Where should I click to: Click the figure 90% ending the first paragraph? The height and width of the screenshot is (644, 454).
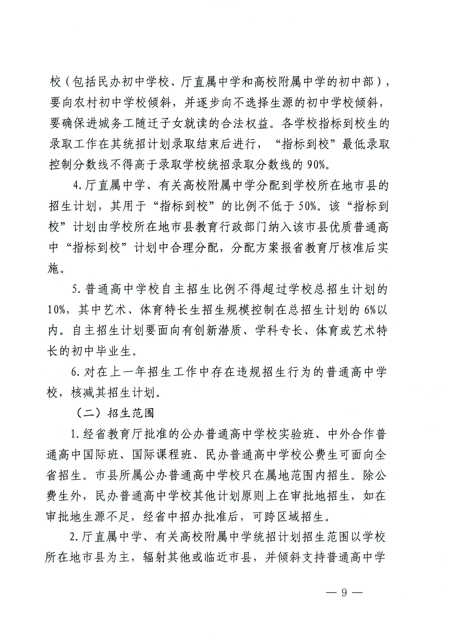tap(316, 165)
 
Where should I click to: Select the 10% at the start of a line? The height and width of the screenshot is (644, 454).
tap(56, 310)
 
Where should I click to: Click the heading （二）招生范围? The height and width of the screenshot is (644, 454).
tap(115, 413)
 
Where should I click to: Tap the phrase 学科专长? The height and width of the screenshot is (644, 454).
tap(279, 330)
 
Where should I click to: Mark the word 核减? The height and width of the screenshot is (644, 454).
tap(83, 393)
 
